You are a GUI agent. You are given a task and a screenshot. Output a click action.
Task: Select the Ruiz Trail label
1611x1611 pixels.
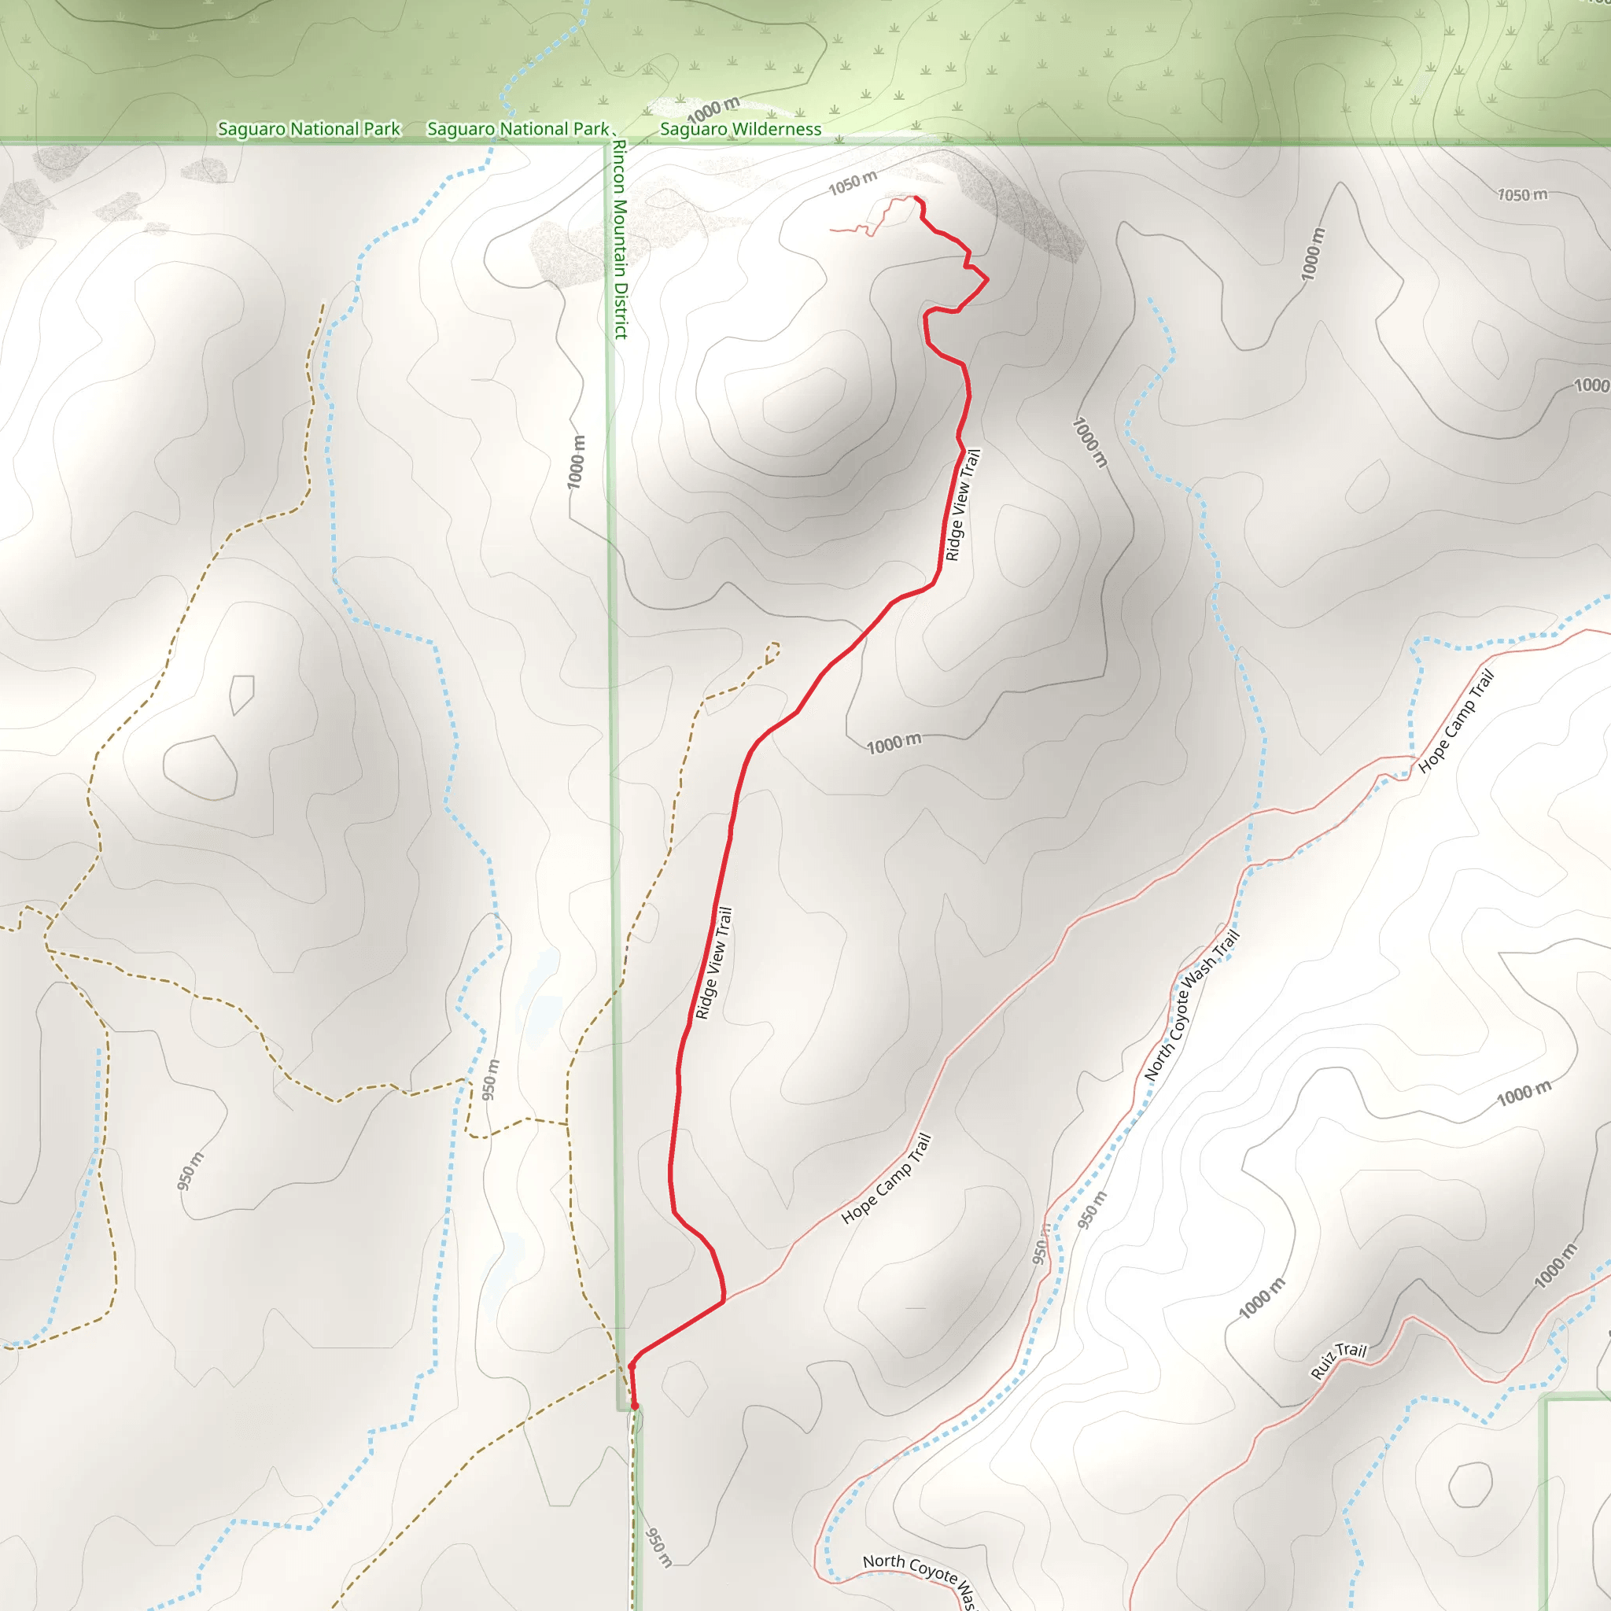pyautogui.click(x=1338, y=1362)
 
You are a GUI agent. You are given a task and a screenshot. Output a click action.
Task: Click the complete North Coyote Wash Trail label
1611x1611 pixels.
pyautogui.click(x=1192, y=1005)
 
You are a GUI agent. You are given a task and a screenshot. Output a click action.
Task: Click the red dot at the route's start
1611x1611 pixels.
pyautogui.click(x=635, y=1406)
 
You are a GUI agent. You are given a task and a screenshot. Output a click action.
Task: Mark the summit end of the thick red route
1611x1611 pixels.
pyautogui.click(x=916, y=198)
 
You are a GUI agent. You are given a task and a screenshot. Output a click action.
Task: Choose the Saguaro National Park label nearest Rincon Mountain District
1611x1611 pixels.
pyautogui.click(x=518, y=129)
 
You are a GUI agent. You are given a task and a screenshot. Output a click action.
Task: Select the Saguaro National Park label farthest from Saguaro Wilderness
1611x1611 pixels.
pyautogui.click(x=308, y=129)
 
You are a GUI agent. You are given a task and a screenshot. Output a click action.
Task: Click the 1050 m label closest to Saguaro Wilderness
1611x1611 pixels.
pyautogui.click(x=852, y=182)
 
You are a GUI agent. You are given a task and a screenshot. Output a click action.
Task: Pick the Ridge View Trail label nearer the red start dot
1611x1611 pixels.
pyautogui.click(x=713, y=963)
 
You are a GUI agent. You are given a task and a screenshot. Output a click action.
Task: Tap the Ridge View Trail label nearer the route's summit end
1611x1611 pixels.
pyautogui.click(x=962, y=504)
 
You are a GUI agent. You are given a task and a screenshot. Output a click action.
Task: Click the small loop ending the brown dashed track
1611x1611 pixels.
pyautogui.click(x=773, y=651)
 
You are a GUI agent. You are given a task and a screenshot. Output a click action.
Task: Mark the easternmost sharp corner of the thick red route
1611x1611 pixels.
pyautogui.click(x=987, y=280)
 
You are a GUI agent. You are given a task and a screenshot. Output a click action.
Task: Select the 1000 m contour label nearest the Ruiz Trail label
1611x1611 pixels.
pyautogui.click(x=1262, y=1297)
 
